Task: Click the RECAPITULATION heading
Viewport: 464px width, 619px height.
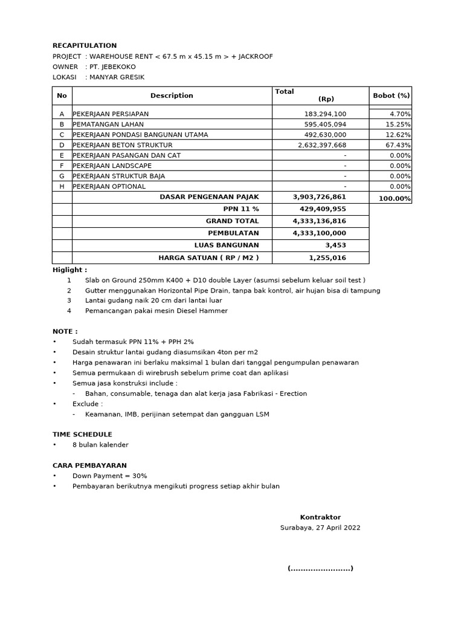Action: click(85, 46)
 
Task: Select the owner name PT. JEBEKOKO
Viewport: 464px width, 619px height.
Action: click(112, 66)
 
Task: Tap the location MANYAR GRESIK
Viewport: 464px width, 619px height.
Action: click(117, 77)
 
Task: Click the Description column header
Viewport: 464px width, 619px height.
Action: click(172, 96)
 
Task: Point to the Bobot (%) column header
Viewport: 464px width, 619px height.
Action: click(391, 96)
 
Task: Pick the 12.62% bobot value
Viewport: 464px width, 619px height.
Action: click(398, 134)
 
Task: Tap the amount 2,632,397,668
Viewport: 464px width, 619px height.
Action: click(322, 145)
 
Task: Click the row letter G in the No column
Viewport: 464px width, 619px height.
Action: click(62, 176)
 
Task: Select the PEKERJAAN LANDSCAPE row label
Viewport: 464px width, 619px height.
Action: click(112, 166)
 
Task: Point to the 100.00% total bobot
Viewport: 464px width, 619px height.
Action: click(395, 198)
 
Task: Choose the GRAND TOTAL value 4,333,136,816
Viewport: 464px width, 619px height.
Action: click(319, 221)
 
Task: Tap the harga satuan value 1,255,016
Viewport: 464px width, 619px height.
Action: click(327, 258)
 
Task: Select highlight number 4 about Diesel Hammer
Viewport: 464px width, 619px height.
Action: click(156, 311)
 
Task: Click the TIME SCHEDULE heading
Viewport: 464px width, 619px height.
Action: click(82, 434)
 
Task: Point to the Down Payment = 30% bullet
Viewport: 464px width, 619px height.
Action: click(109, 476)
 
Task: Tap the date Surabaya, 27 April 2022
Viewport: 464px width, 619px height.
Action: click(320, 527)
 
